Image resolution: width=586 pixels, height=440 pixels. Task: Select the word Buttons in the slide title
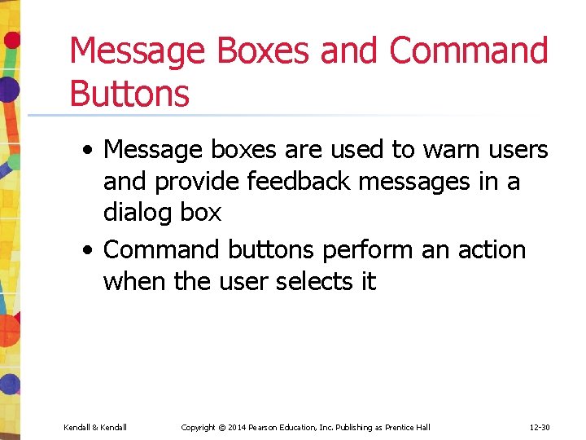[x=129, y=93]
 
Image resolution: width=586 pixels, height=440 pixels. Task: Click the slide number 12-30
[x=540, y=427]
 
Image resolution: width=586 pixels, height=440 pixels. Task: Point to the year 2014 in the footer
[x=236, y=427]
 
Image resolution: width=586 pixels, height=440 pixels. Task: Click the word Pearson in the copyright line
[x=266, y=427]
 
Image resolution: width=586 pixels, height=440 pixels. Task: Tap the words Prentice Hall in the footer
[x=408, y=427]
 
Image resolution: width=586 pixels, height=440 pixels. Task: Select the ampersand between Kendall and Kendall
[x=94, y=427]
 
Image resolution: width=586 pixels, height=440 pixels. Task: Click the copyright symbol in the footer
[x=220, y=427]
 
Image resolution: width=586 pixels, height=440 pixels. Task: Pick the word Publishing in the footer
[x=352, y=427]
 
